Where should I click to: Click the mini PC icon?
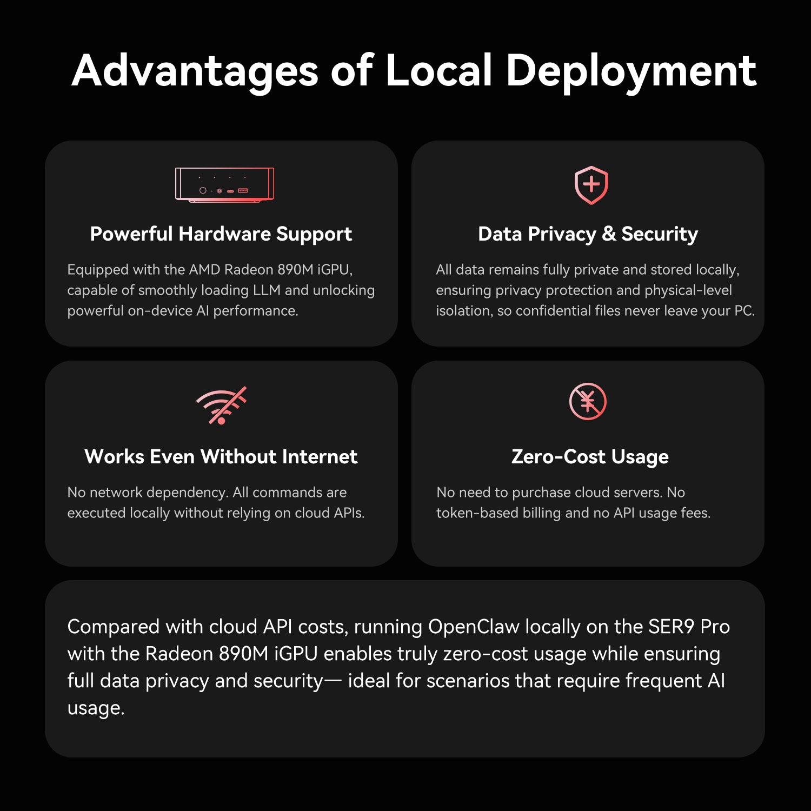(224, 184)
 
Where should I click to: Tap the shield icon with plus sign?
(591, 185)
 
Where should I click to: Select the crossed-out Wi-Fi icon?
(221, 405)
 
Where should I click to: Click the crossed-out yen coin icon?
(588, 401)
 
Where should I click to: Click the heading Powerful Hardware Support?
(221, 234)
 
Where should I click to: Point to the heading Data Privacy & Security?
(588, 234)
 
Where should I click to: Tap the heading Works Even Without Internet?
(221, 457)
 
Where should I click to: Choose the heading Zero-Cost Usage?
(590, 457)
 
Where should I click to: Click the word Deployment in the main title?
(630, 71)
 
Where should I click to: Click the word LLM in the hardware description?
(266, 290)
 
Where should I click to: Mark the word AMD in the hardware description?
(204, 270)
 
